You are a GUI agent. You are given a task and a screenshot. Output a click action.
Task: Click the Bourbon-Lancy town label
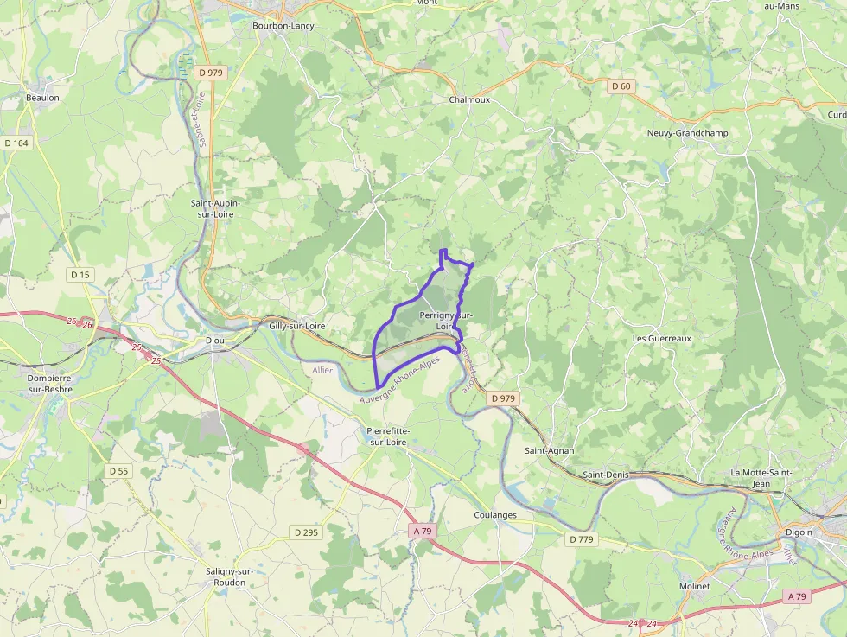click(283, 26)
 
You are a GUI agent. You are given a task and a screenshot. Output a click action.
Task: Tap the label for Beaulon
click(42, 98)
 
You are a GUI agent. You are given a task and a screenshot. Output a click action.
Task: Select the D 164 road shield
click(16, 143)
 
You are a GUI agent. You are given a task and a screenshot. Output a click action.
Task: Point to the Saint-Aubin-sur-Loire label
click(214, 207)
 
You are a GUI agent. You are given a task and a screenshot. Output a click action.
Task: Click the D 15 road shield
click(80, 274)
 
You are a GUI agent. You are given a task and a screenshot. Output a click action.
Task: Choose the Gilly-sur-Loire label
click(296, 326)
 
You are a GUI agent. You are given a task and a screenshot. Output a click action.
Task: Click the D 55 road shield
click(119, 471)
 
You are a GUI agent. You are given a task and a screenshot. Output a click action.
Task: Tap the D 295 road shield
click(306, 532)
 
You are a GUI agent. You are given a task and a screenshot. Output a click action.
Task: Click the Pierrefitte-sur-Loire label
click(388, 436)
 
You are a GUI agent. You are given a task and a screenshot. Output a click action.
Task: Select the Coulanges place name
click(495, 515)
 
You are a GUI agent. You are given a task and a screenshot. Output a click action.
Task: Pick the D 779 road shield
click(582, 539)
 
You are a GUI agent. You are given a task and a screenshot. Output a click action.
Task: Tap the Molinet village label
click(694, 586)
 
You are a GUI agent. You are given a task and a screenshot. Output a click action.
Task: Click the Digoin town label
click(799, 532)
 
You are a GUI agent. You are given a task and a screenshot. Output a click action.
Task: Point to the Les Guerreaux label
click(662, 339)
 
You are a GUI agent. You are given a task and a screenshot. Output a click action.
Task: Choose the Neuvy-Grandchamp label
click(687, 133)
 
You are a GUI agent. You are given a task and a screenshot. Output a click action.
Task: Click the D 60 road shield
click(621, 86)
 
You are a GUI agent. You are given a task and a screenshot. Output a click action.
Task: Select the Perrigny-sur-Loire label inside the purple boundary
click(445, 321)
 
